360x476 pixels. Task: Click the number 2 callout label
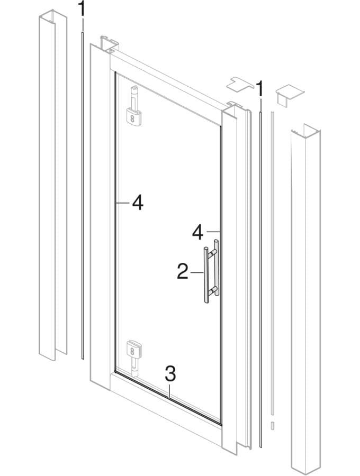(x=183, y=271)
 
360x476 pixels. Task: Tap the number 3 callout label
(x=170, y=374)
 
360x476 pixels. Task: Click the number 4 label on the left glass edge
(x=138, y=203)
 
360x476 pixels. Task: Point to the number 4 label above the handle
(x=198, y=232)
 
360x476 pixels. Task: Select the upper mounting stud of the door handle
(x=213, y=252)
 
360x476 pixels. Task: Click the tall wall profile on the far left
(x=53, y=185)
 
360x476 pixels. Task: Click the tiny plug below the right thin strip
(x=273, y=425)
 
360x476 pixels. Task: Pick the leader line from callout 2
(x=196, y=273)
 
